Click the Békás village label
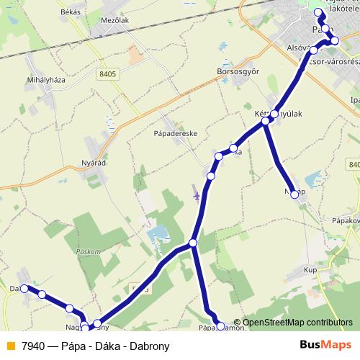pyautogui.click(x=71, y=12)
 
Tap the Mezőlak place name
pyautogui.click(x=116, y=21)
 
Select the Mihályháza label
pyautogui.click(x=45, y=80)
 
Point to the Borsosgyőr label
pyautogui.click(x=237, y=71)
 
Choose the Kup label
pyautogui.click(x=310, y=269)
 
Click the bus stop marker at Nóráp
pyautogui.click(x=294, y=194)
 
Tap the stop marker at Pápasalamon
pyautogui.click(x=220, y=325)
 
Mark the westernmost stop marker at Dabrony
pyautogui.click(x=24, y=288)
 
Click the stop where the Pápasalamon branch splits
pyautogui.click(x=193, y=243)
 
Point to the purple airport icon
pyautogui.click(x=196, y=194)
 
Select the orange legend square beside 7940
pyautogui.click(x=9, y=346)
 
